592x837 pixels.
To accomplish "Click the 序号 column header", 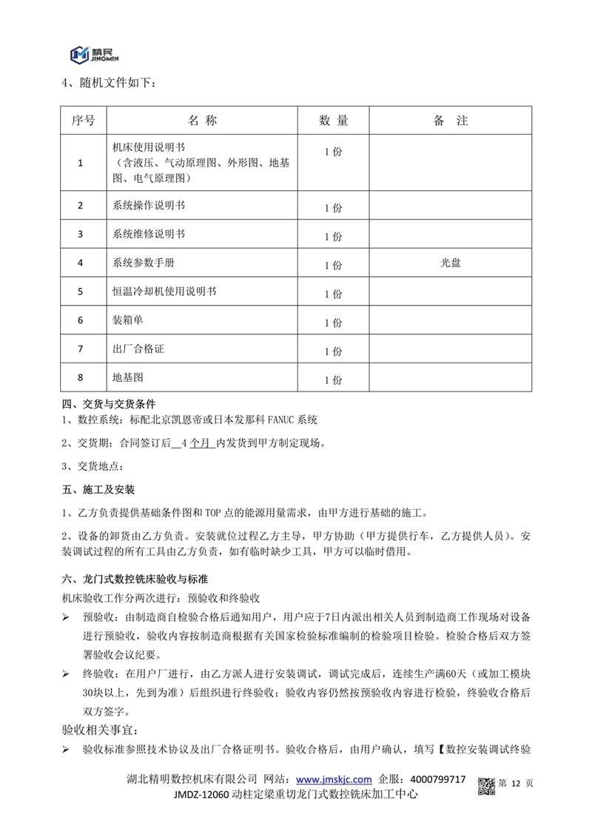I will click(83, 121).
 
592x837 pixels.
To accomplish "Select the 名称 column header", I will click(202, 121).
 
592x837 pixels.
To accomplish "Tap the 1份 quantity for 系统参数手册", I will click(333, 264).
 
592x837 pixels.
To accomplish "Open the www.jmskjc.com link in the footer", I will click(333, 779).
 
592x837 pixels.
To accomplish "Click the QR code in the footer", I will click(485, 785).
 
